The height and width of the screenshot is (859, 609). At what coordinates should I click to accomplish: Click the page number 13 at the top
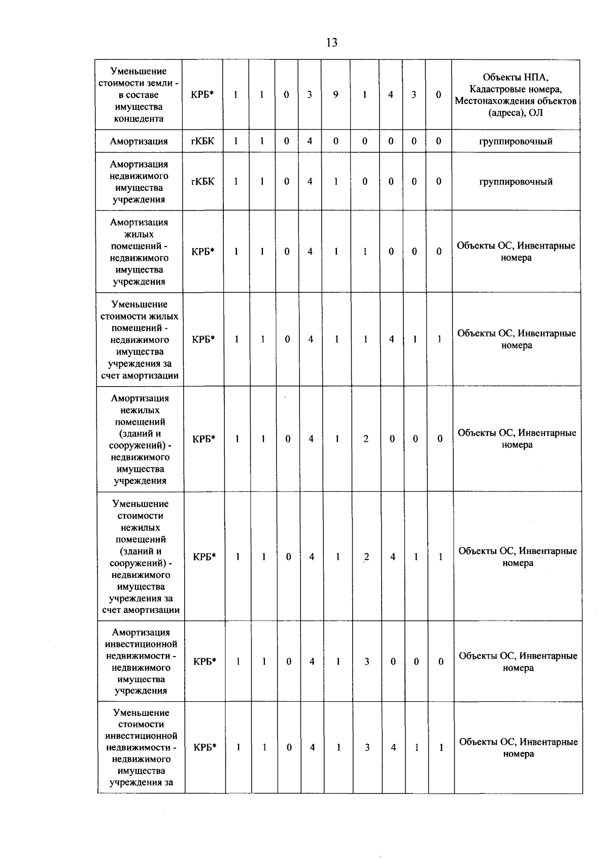pos(331,43)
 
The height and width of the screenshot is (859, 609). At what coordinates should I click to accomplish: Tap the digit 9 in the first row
pos(336,95)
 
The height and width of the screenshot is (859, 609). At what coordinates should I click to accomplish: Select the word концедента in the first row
pos(139,119)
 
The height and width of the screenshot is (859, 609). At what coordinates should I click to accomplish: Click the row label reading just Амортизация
pos(139,142)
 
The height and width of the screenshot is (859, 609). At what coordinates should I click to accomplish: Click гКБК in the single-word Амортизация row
pos(202,141)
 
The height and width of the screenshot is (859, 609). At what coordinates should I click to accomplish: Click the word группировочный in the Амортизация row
pos(516,142)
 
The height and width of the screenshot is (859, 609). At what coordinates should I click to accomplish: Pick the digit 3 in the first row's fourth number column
pos(310,95)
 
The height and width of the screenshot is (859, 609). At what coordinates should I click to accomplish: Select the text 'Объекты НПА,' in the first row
pos(516,77)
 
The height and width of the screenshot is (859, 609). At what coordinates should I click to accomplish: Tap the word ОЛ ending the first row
pos(535,113)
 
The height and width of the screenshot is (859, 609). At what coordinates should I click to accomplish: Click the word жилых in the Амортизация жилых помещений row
pos(139,234)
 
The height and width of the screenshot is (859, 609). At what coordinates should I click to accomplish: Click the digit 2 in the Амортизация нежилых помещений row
pos(366,439)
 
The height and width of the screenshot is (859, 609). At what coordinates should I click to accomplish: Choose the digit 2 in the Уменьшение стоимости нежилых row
pos(366,557)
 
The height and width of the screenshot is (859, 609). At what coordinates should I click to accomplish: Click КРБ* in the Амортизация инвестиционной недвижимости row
pos(205,662)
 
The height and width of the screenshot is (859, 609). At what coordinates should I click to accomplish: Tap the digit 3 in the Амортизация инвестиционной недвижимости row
pos(366,662)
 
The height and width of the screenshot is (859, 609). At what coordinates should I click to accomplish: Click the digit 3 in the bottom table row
pos(367,747)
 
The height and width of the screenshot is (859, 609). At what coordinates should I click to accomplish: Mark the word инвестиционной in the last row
pos(141,736)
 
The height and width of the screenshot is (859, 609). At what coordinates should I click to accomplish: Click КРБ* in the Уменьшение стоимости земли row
pos(202,95)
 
